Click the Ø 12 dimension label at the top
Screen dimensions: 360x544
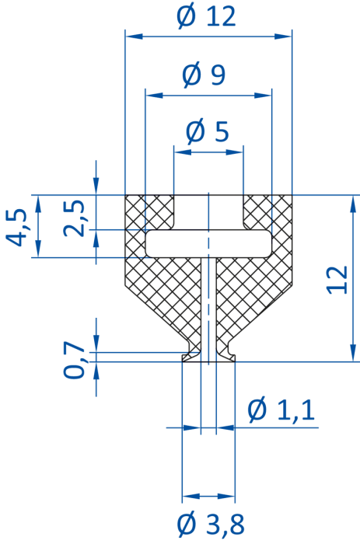pyautogui.click(x=206, y=16)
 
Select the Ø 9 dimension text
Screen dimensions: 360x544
pyautogui.click(x=204, y=75)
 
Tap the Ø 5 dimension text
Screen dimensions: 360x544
pyautogui.click(x=208, y=132)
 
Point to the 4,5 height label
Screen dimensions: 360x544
pyautogui.click(x=16, y=227)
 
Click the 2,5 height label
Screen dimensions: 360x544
pyautogui.click(x=74, y=218)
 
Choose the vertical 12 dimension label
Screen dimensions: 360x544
pyautogui.click(x=337, y=280)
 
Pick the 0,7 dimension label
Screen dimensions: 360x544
pyautogui.click(x=74, y=360)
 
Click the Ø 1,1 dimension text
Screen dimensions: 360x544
pyautogui.click(x=281, y=410)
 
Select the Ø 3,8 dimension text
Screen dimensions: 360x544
pyautogui.click(x=211, y=524)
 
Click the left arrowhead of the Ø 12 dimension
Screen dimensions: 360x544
pyautogui.click(x=134, y=36)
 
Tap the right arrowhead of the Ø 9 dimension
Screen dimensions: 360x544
pyautogui.click(x=263, y=95)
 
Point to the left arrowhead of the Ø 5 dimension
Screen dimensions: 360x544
pyautogui.click(x=183, y=152)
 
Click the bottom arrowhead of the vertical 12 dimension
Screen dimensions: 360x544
pyautogui.click(x=353, y=353)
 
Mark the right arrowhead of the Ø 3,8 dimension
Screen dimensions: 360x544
pyautogui.click(x=226, y=496)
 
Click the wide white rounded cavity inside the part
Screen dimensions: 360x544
pyautogui.click(x=208, y=243)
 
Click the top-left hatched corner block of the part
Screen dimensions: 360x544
pyautogui.click(x=149, y=211)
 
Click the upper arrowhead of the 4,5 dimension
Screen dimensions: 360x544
pyautogui.click(x=38, y=204)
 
